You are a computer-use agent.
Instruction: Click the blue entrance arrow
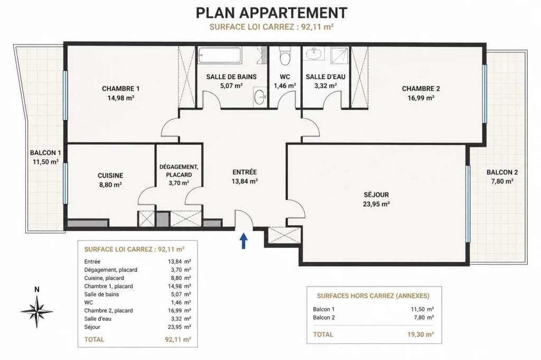click(244, 241)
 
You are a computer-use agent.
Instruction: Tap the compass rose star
click(36, 311)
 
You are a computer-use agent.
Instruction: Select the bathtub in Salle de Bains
click(220, 55)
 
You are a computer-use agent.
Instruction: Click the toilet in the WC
click(285, 56)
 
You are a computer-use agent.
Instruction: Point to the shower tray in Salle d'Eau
click(340, 55)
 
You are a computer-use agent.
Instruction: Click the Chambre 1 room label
click(121, 89)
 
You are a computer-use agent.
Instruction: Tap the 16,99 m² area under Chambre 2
click(421, 98)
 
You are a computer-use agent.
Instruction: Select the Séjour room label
click(376, 195)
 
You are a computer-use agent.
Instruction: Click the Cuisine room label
click(110, 176)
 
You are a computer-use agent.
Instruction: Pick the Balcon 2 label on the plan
click(502, 173)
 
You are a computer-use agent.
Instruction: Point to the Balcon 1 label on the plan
click(45, 153)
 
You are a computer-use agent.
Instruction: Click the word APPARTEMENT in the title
click(293, 13)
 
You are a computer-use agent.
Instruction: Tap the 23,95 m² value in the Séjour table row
click(180, 327)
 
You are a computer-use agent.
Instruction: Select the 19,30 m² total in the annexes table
click(421, 334)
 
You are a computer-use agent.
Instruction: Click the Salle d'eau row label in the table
click(98, 319)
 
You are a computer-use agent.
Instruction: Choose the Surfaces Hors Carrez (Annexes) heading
click(374, 296)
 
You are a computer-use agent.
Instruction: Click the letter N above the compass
click(36, 290)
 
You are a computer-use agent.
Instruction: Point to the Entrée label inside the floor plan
click(245, 172)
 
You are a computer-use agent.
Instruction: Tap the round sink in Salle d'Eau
click(313, 54)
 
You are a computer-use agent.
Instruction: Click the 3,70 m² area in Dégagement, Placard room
click(179, 183)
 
